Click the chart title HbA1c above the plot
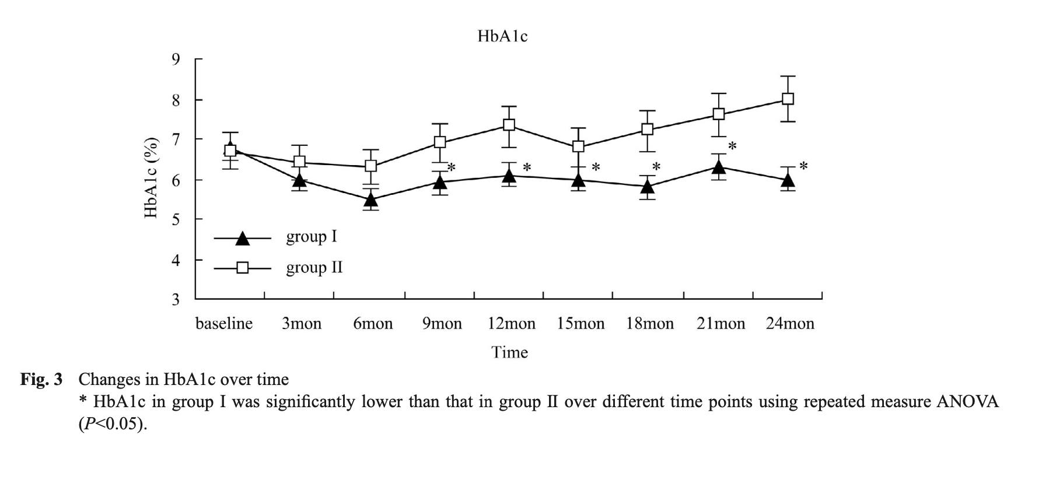point(502,36)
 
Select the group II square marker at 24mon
point(788,99)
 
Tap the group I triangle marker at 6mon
point(370,200)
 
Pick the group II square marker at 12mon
point(509,125)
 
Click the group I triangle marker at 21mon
point(718,167)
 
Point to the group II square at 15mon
point(578,146)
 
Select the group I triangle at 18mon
point(647,187)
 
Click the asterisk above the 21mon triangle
point(732,146)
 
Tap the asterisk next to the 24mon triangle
point(803,166)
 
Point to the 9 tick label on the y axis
point(176,59)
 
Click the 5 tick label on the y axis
point(176,220)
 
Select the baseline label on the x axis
point(224,324)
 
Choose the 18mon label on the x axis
point(650,324)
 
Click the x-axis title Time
point(509,352)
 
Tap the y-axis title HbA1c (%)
point(152,178)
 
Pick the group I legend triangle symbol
point(242,238)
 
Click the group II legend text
point(314,268)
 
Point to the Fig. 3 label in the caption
point(41,380)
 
